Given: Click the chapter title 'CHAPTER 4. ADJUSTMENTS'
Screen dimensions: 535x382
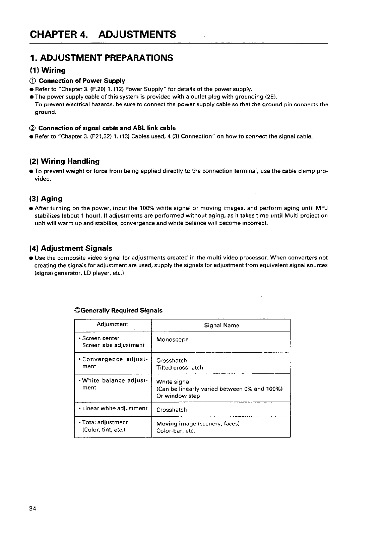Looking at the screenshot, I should [103, 34].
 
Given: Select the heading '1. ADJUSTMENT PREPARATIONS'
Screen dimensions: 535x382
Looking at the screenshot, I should [102, 58].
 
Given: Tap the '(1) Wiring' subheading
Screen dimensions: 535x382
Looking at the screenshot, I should [47, 70].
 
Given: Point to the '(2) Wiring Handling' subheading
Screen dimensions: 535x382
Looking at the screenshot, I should [65, 162].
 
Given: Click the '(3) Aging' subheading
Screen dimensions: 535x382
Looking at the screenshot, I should [46, 199].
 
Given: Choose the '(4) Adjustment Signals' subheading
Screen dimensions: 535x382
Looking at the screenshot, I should [71, 248].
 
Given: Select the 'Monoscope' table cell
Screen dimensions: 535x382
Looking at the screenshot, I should [172, 340].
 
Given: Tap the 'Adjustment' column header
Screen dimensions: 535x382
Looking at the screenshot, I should [112, 324].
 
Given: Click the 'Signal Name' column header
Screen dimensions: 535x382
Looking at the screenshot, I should [221, 325].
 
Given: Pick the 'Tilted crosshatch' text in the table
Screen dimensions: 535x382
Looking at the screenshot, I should [180, 367].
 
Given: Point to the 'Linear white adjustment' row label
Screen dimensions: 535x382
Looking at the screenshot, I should [115, 408].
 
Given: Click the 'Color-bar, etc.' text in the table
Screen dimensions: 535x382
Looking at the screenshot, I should [176, 431].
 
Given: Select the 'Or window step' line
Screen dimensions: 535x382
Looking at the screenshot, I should [178, 396].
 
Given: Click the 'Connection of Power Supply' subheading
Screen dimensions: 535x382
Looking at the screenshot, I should [82, 81].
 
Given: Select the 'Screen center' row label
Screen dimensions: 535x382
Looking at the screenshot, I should [101, 338].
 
